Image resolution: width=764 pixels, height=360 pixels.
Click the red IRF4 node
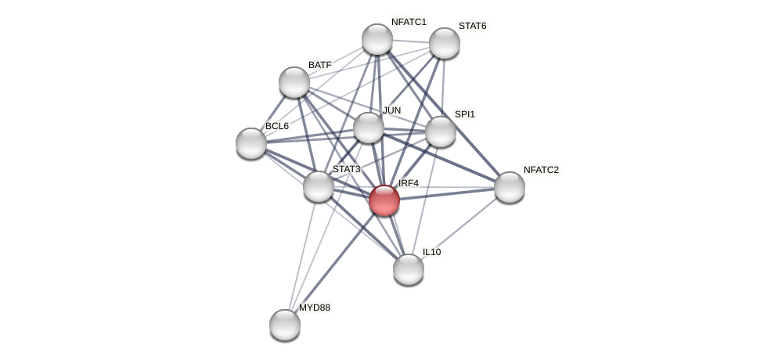(x=384, y=200)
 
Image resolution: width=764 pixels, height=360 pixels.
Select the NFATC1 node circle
(x=377, y=39)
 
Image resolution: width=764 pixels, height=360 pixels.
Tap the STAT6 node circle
(x=445, y=43)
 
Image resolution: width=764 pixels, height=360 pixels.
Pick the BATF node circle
(x=294, y=82)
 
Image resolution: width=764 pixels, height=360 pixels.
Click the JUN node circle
(x=369, y=128)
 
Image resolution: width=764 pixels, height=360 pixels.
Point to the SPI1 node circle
(x=441, y=131)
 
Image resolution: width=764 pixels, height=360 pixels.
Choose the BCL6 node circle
(x=251, y=143)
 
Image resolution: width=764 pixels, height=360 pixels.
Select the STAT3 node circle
(x=319, y=186)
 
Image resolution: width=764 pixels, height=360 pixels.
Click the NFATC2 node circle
(x=510, y=187)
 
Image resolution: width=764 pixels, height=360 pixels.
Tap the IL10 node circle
(x=409, y=269)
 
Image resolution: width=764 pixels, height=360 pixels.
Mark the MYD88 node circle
(x=285, y=325)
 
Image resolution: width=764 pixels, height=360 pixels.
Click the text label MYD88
(x=315, y=308)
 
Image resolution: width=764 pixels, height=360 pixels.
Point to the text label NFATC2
(x=541, y=170)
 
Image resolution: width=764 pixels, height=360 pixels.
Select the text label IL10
(x=431, y=252)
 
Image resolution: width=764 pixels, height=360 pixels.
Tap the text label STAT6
(x=472, y=26)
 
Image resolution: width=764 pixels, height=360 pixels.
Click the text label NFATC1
(x=409, y=22)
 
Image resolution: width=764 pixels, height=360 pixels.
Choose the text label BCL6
(x=276, y=126)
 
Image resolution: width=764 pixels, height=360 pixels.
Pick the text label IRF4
(x=409, y=183)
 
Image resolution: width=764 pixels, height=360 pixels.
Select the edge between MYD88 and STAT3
(x=302, y=254)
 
